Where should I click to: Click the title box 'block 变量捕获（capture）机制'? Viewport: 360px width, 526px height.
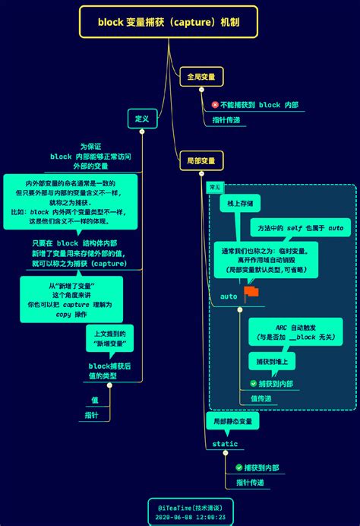tap(169, 22)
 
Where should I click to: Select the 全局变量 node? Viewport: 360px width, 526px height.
tap(201, 77)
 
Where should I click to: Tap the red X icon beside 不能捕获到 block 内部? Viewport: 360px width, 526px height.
tap(215, 105)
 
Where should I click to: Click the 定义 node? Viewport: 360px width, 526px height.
tap(142, 119)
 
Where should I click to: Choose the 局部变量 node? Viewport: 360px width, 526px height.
tap(201, 161)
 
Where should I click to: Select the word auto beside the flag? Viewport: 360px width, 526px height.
tap(229, 295)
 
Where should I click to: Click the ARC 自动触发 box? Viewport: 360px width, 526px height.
tap(295, 331)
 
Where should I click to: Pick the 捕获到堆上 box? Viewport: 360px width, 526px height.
tap(271, 362)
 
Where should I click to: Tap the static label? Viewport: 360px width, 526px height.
tap(225, 444)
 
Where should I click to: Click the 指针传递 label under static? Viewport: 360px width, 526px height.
tap(250, 483)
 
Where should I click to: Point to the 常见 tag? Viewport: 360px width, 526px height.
tap(216, 187)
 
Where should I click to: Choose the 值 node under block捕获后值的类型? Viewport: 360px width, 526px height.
tap(95, 399)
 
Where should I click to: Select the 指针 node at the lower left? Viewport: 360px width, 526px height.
tap(92, 415)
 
